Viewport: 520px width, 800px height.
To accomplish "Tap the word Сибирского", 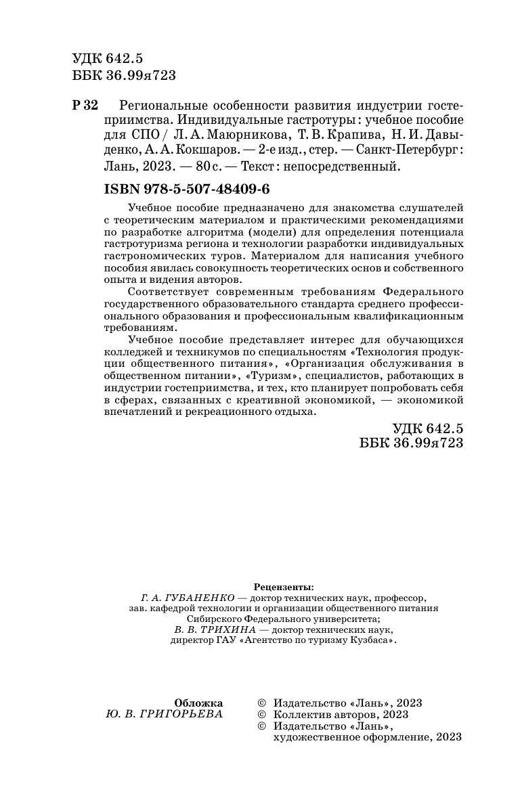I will pos(215,618).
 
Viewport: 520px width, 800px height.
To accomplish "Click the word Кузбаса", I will pos(369,640).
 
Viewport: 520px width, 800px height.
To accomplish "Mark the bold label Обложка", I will pos(198,703).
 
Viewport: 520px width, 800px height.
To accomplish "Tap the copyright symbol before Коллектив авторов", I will pos(263,714).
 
